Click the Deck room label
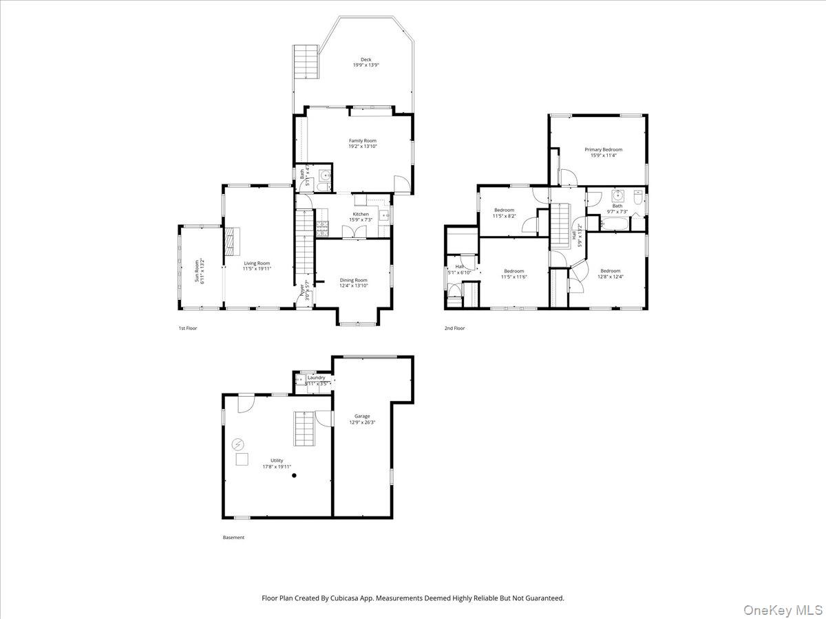click(x=366, y=60)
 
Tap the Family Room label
click(x=362, y=141)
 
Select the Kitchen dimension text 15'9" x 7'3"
click(x=361, y=220)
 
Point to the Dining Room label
click(x=353, y=280)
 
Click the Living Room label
click(x=257, y=263)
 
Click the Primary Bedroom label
click(x=603, y=149)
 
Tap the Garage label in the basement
click(x=362, y=416)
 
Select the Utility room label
click(x=277, y=461)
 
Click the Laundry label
click(x=316, y=378)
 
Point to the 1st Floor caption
click(x=187, y=328)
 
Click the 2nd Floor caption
click(x=454, y=328)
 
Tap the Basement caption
click(x=233, y=537)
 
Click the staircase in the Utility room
click(x=304, y=429)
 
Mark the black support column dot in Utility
click(x=294, y=475)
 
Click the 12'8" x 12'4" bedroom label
click(x=610, y=271)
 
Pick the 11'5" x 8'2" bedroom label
click(x=503, y=210)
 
